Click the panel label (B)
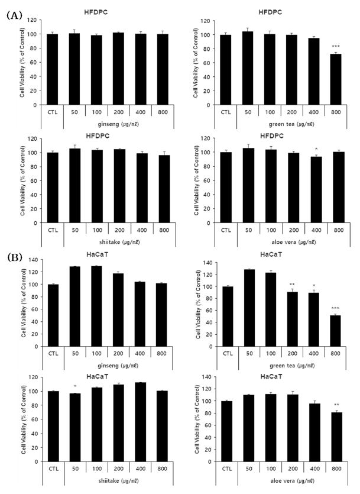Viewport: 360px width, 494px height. tap(13, 258)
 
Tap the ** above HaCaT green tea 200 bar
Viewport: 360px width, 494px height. tap(291, 285)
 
